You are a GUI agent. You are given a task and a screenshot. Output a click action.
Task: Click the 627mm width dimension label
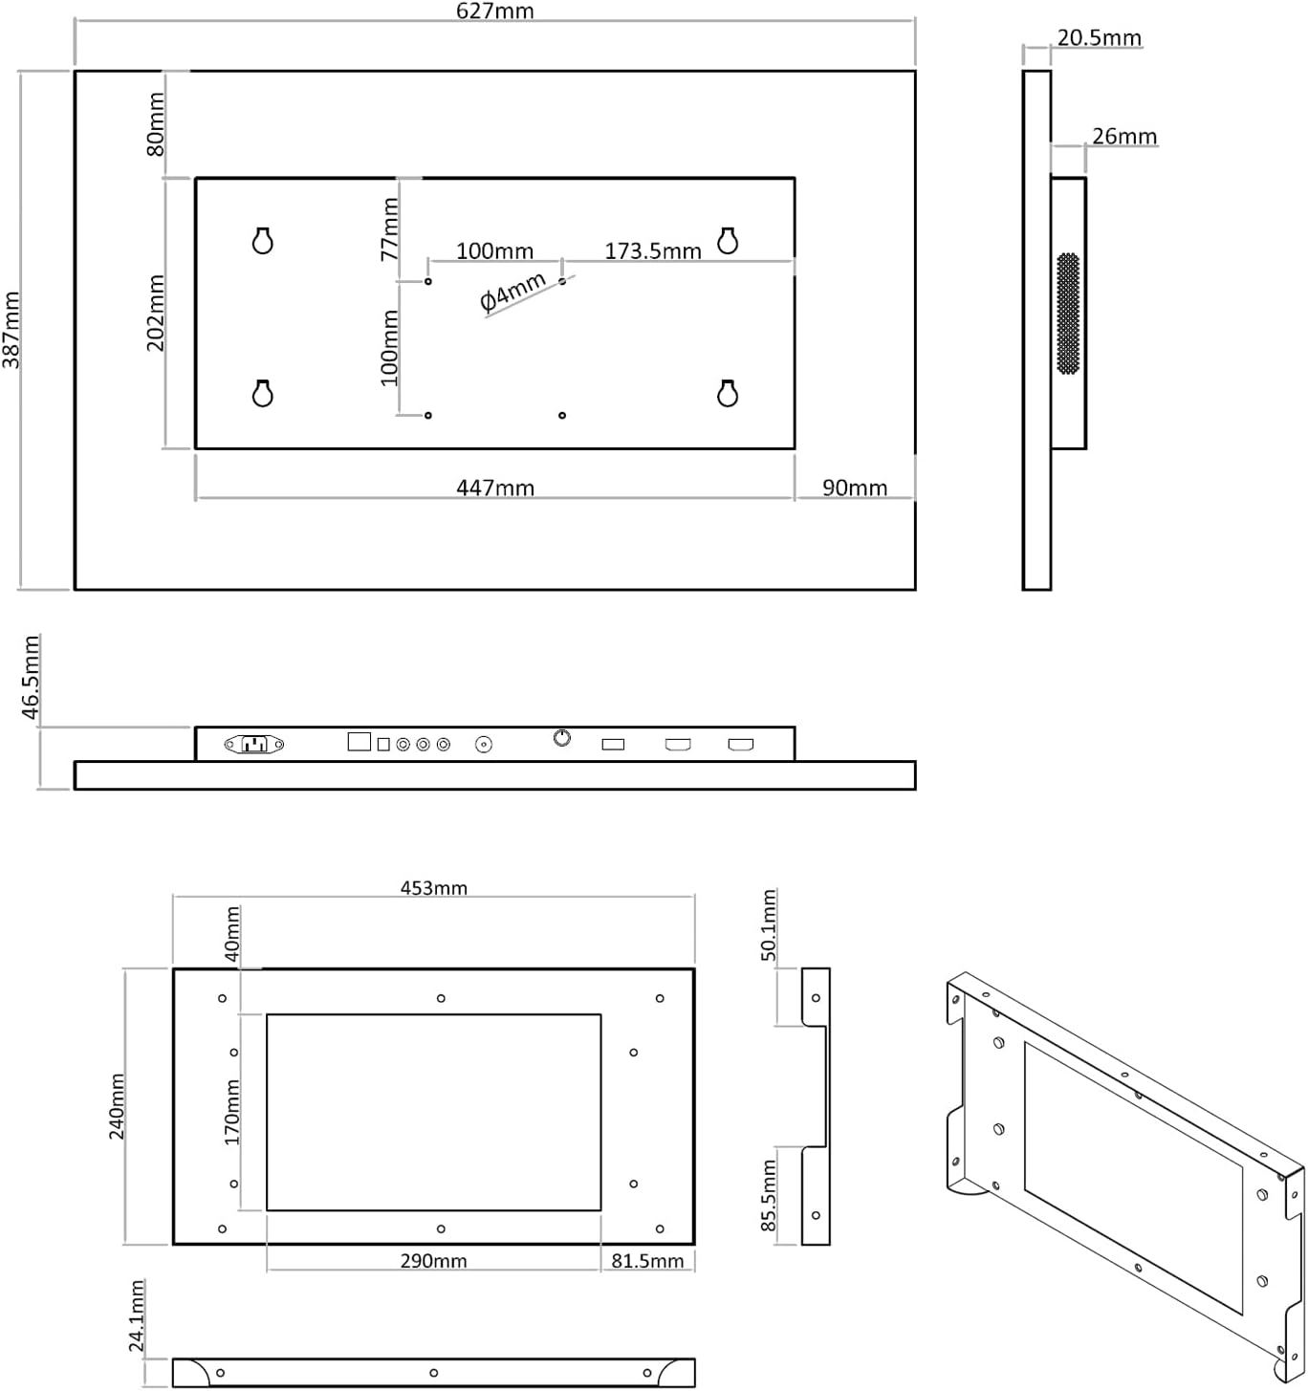click(494, 11)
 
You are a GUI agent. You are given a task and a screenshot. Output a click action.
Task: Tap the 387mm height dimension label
click(11, 330)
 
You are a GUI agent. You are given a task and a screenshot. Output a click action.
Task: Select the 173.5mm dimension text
click(652, 250)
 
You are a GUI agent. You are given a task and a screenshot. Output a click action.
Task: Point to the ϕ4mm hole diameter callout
click(512, 291)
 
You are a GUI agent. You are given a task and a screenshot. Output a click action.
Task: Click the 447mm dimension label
click(495, 488)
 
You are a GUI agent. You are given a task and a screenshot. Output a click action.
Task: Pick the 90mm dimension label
click(855, 488)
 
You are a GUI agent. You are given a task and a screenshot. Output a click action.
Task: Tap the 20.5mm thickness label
click(1100, 38)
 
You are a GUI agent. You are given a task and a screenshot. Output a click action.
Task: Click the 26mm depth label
click(1124, 136)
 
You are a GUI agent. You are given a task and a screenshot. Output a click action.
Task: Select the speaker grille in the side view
click(1068, 313)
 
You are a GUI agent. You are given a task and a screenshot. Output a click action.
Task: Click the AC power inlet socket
click(254, 744)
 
